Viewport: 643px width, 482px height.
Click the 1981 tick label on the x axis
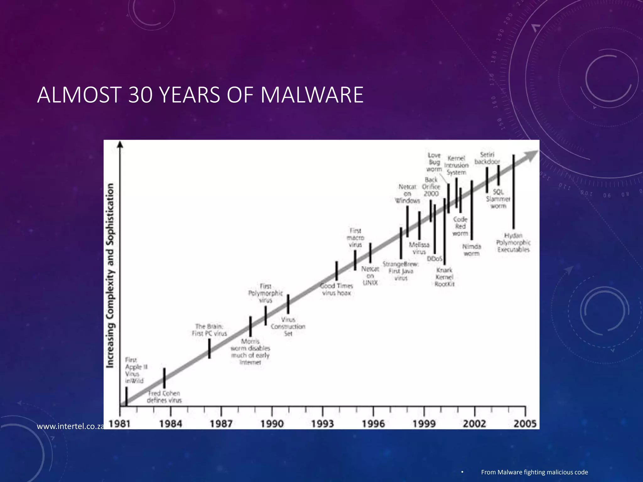120,424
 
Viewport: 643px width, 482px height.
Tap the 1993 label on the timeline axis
322,424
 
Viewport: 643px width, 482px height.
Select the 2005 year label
525,424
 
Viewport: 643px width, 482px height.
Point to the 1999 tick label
424,424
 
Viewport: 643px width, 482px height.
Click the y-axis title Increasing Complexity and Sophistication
110,276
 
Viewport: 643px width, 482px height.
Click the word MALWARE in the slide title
312,95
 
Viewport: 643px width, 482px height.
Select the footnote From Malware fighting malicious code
534,472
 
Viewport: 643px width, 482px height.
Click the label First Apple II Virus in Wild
134,370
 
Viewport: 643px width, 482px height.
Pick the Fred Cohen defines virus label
164,397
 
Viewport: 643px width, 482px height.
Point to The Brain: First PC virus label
209,330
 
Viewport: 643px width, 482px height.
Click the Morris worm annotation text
250,352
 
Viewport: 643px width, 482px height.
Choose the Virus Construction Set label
288,326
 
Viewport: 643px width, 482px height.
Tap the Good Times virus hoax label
337,289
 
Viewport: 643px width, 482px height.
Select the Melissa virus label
419,248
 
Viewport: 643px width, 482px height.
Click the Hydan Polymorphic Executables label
513,243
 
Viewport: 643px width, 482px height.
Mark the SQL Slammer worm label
498,199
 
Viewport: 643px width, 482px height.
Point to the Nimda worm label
472,250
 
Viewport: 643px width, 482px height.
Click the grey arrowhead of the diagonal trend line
531,155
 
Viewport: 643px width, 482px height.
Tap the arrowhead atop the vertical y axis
120,144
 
